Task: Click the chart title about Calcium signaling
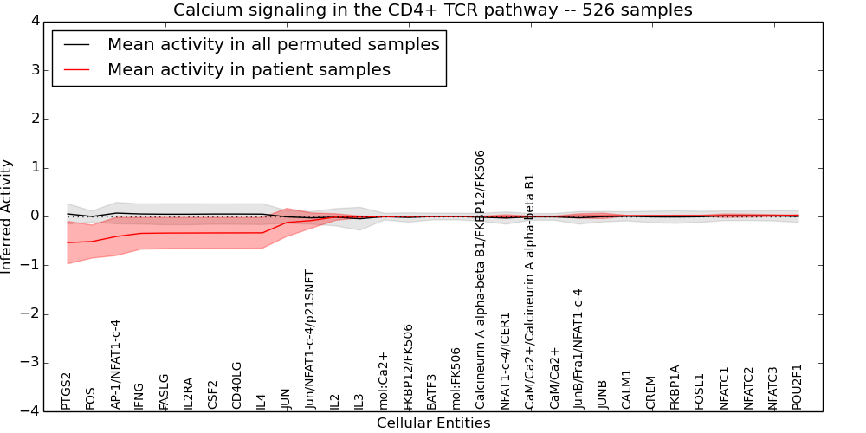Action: coord(432,10)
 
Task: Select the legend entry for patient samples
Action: coord(249,70)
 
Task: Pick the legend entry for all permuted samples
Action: coord(273,45)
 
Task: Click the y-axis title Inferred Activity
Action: coord(8,216)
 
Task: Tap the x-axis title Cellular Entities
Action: coord(433,423)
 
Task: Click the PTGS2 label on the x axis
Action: coord(67,391)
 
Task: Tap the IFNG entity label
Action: coord(139,390)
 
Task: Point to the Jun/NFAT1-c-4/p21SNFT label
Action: coord(310,339)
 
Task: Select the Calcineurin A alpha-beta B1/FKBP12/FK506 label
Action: coord(481,279)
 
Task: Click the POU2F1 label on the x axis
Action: coord(798,386)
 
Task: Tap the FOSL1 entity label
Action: coord(700,389)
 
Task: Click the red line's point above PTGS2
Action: coord(68,242)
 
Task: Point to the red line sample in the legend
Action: coord(76,70)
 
